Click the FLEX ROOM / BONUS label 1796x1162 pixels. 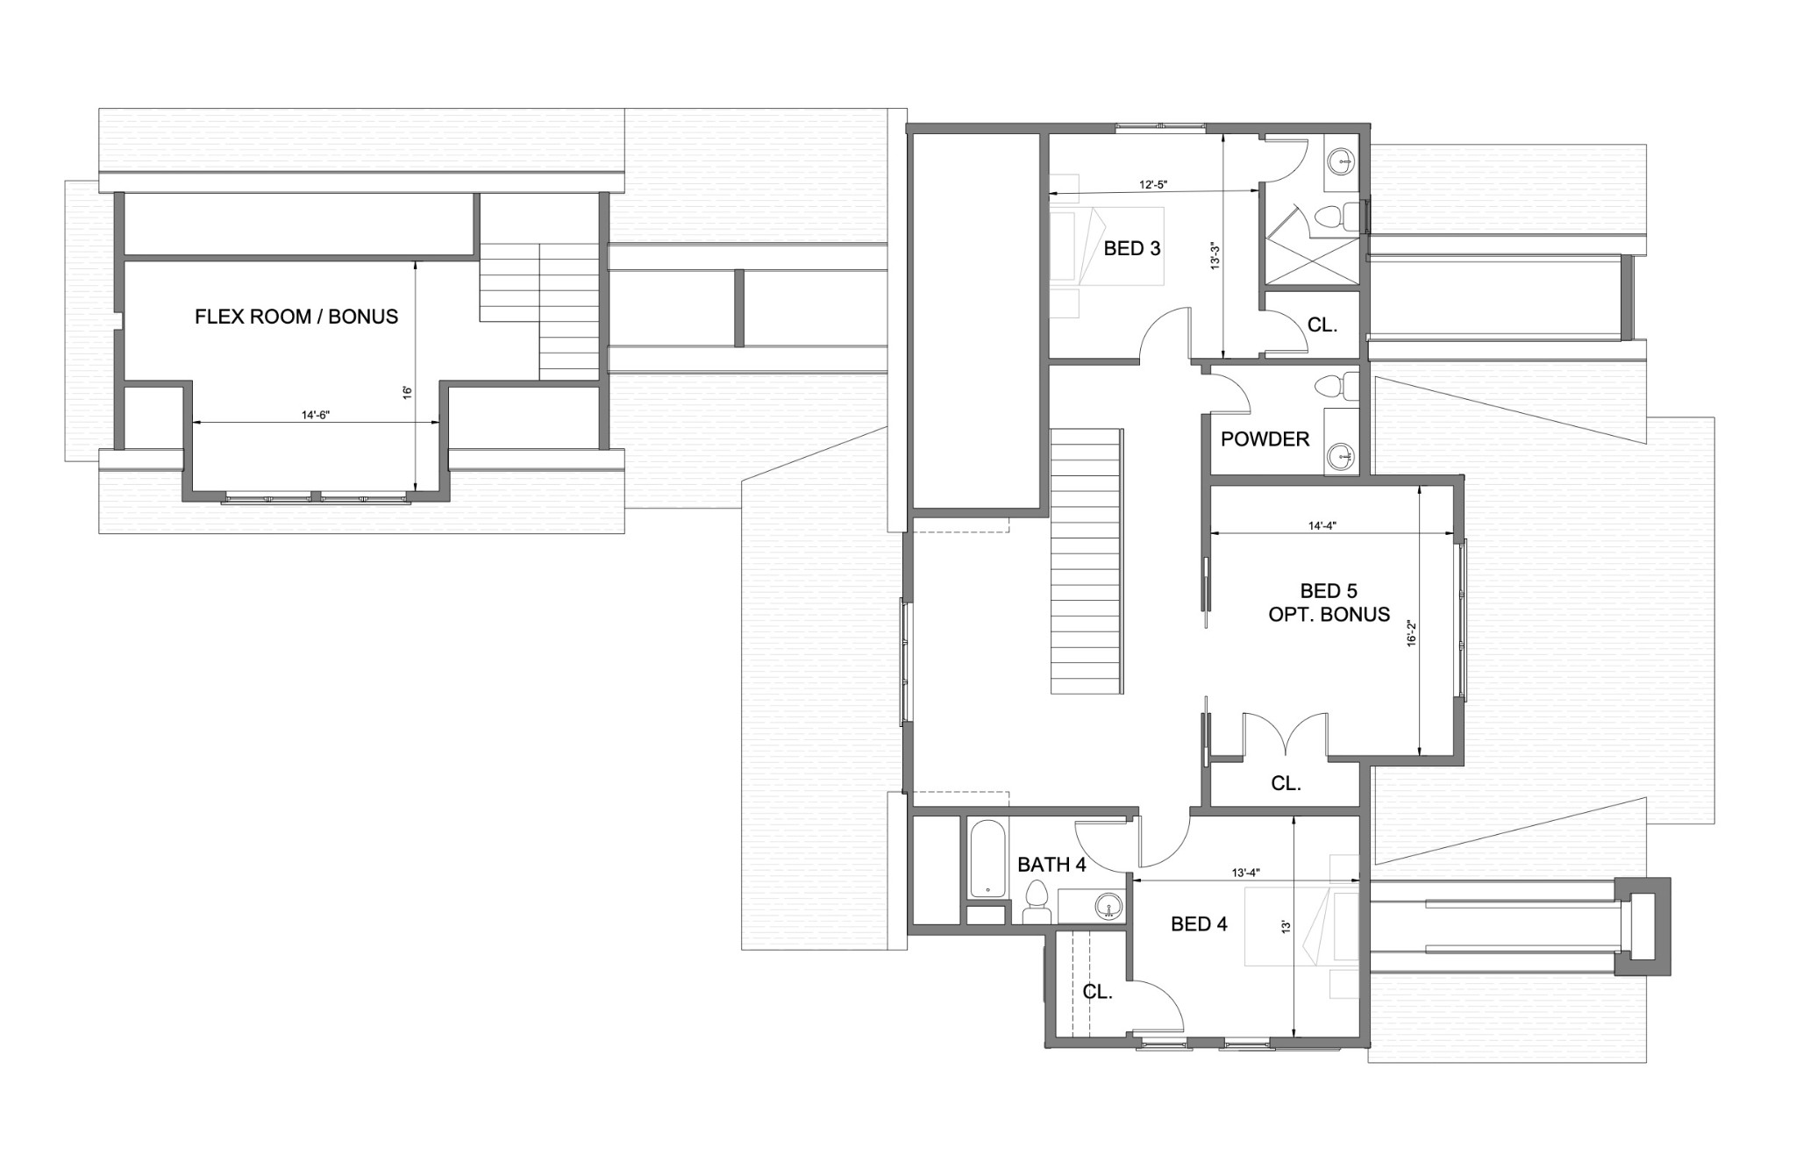pyautogui.click(x=296, y=317)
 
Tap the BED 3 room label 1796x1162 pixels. pyautogui.click(x=1131, y=248)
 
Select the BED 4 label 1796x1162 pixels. pyautogui.click(x=1199, y=923)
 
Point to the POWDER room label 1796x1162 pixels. pyautogui.click(x=1265, y=439)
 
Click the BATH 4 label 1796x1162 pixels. pyautogui.click(x=1051, y=865)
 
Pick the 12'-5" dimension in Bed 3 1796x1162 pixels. pyautogui.click(x=1153, y=185)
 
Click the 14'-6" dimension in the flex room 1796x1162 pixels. pyautogui.click(x=315, y=415)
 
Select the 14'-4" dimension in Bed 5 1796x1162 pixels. pyautogui.click(x=1322, y=526)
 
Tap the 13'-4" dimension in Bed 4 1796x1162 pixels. pyautogui.click(x=1245, y=873)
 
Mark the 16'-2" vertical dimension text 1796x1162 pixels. pyautogui.click(x=1412, y=633)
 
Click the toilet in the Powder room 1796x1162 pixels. pyautogui.click(x=1339, y=387)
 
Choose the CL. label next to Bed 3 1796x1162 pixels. pyautogui.click(x=1322, y=325)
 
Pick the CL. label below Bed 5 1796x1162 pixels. pyautogui.click(x=1286, y=784)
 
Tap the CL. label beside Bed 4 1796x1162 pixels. pyautogui.click(x=1097, y=993)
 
